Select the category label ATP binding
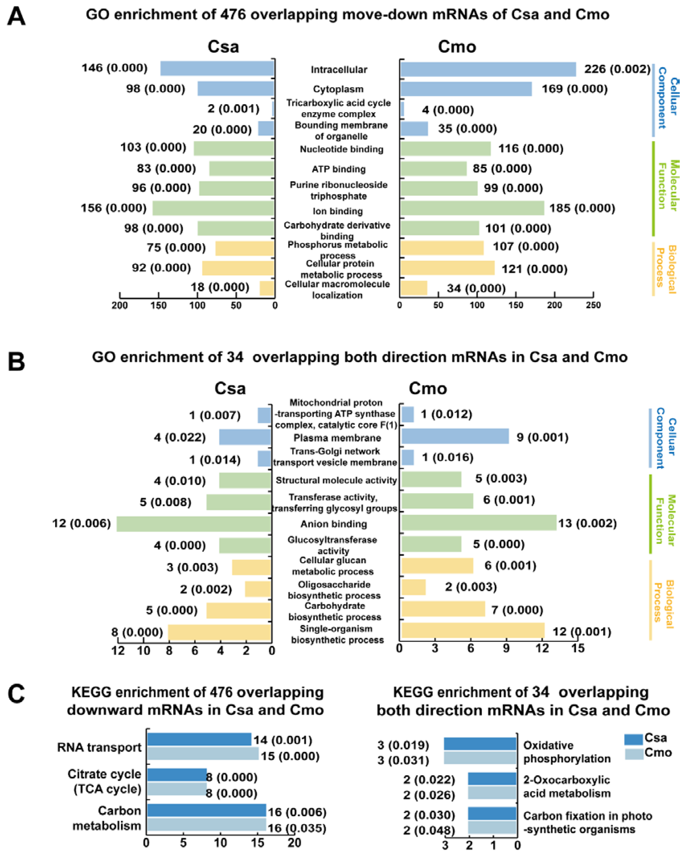(x=339, y=169)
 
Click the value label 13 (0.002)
(x=587, y=523)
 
